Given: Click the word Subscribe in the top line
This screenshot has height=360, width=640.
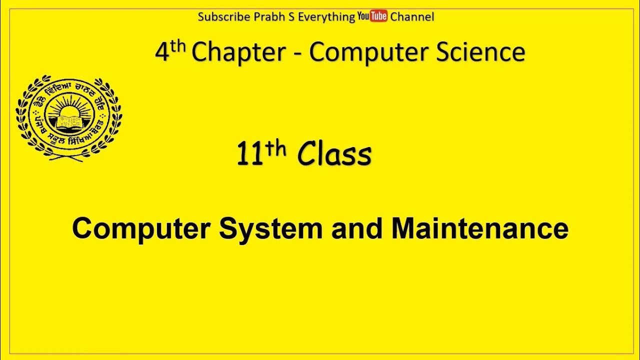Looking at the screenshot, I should click(223, 16).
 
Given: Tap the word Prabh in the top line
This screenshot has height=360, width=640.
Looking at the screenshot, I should click(266, 16).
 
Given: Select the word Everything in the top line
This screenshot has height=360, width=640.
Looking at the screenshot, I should click(326, 16).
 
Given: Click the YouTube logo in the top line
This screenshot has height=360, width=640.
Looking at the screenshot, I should click(372, 16).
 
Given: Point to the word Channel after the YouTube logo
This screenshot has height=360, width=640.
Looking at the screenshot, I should click(412, 16).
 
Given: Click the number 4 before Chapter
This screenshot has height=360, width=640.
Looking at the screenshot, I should click(162, 52).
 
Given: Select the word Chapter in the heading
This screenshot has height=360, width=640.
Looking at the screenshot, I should click(238, 52).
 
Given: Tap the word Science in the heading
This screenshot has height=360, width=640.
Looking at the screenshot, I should click(480, 52).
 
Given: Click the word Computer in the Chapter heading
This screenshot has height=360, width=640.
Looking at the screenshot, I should click(369, 52).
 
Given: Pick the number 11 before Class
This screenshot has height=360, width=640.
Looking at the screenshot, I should click(249, 155).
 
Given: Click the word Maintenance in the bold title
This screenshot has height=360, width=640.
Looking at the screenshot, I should click(479, 229).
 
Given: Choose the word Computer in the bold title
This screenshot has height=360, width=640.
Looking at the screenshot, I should click(141, 229).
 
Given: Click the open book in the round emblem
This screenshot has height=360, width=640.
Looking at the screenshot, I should click(69, 121).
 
